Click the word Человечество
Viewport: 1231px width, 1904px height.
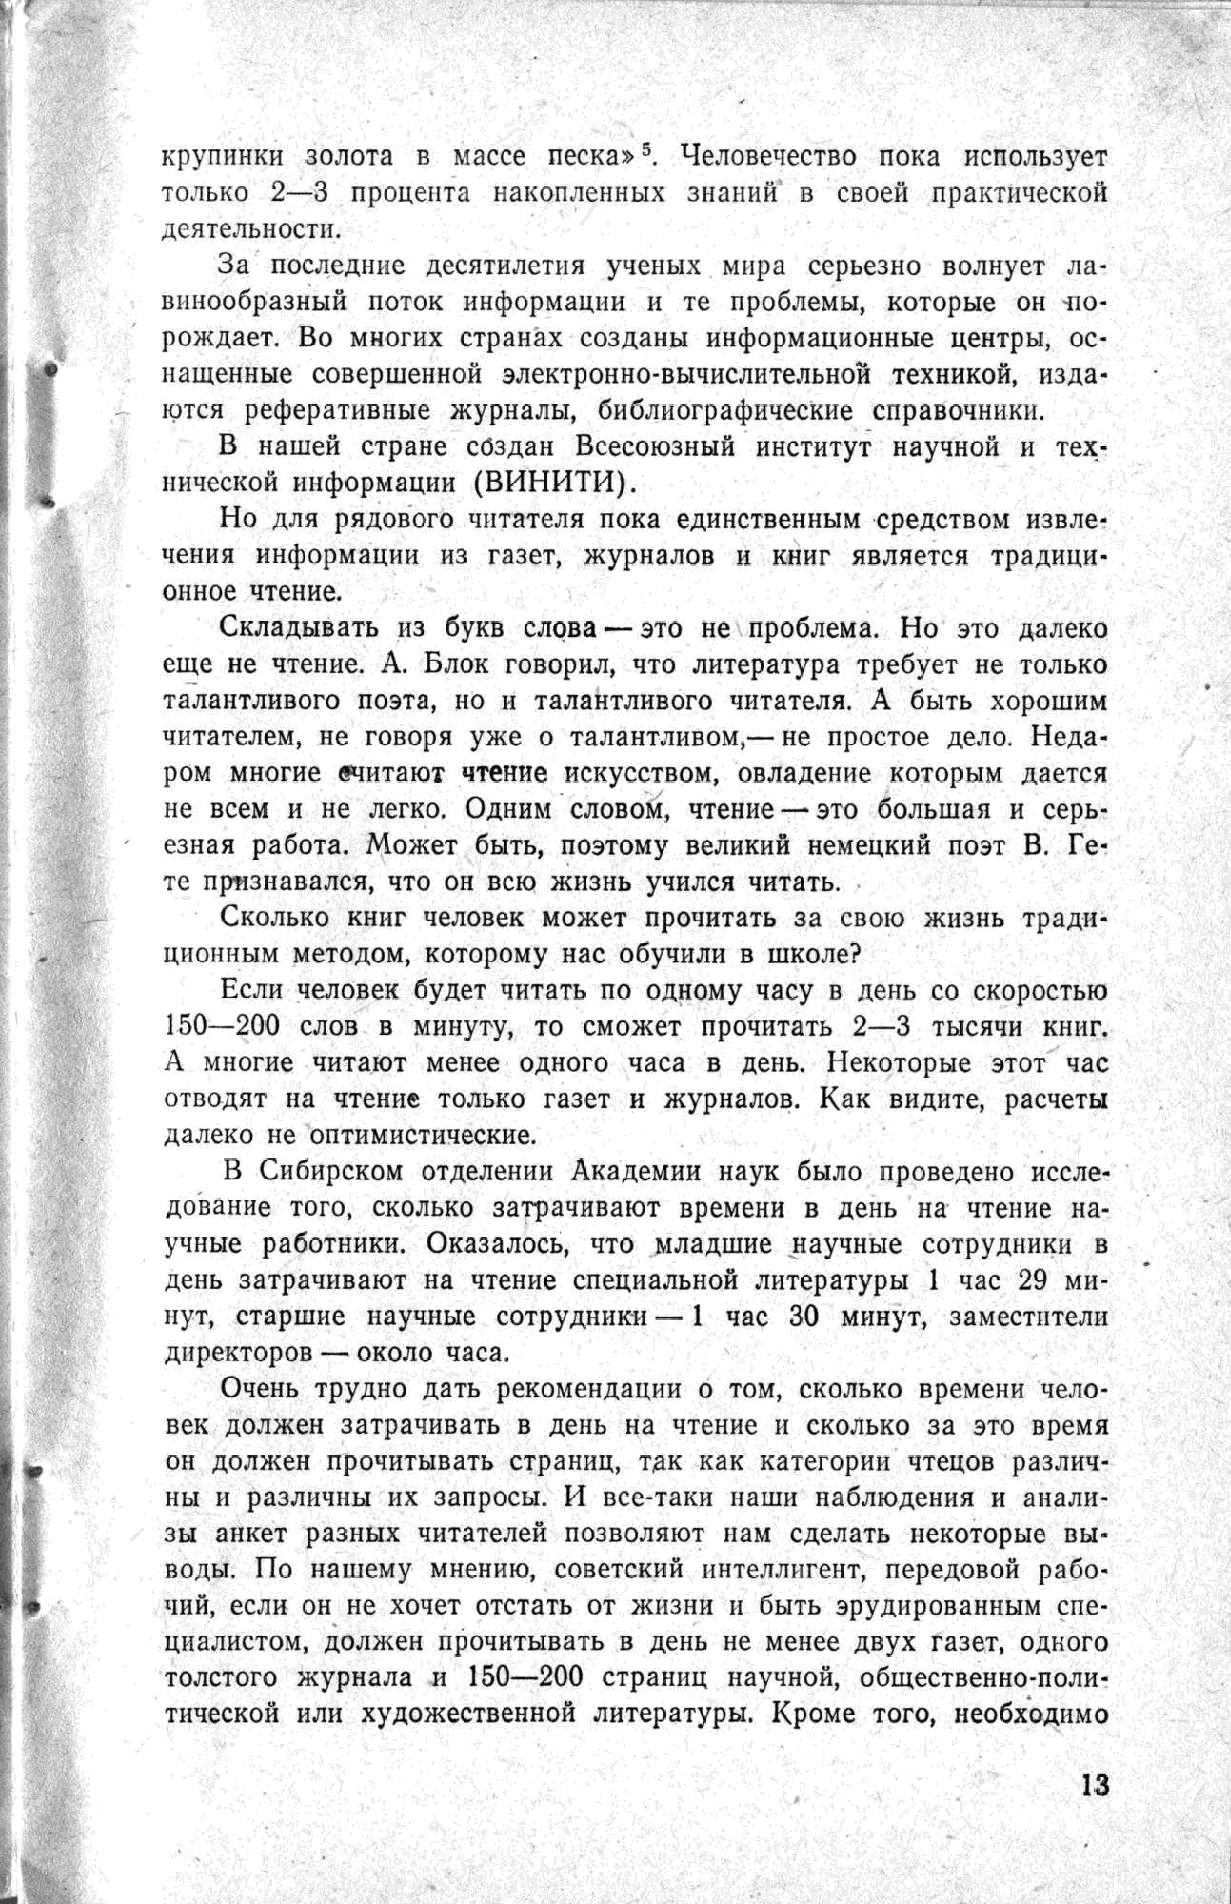[765, 157]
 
